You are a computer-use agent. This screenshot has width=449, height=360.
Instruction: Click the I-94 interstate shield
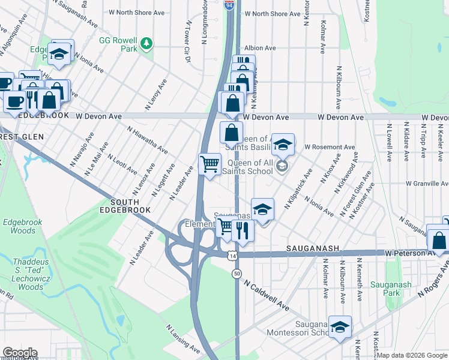(x=230, y=4)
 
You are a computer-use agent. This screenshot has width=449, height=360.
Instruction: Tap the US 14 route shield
(x=232, y=256)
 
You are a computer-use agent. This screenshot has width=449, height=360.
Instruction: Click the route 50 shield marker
(x=237, y=274)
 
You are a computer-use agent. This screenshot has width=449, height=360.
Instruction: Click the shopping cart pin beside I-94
(x=209, y=163)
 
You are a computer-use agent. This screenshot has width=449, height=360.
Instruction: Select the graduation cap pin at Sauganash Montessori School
(x=340, y=326)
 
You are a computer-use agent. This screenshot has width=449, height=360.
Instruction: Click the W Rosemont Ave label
(x=330, y=147)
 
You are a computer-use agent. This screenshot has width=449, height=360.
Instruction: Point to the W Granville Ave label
(x=426, y=184)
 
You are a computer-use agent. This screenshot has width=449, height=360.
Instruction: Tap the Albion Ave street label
(x=260, y=48)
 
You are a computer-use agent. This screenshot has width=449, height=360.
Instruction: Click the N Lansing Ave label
(x=183, y=339)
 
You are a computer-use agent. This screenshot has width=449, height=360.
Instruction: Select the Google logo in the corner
(x=19, y=353)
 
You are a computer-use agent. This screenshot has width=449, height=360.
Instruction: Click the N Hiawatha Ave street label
(x=147, y=140)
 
